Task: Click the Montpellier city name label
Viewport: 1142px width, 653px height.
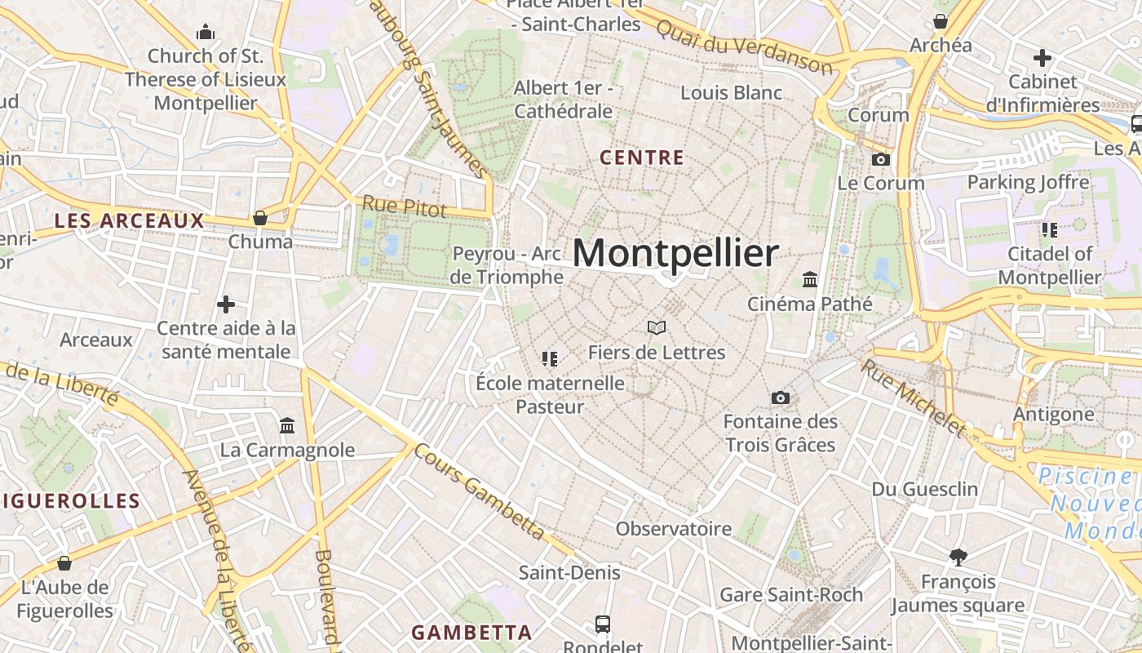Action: coord(675,253)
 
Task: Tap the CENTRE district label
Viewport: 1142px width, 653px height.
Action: coord(641,158)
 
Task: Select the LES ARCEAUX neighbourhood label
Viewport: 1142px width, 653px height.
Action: coord(129,220)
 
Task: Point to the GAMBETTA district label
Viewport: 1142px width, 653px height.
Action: coord(471,633)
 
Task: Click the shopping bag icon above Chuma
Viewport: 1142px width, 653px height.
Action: coord(260,218)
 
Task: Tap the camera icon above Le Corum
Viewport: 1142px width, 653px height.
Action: coord(881,159)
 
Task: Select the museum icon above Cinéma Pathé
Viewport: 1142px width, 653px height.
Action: coord(810,280)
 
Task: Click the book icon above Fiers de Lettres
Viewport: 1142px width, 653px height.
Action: coord(657,328)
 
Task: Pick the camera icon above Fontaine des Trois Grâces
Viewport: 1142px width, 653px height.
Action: coord(781,398)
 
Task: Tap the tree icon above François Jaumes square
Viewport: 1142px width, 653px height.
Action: coord(958,557)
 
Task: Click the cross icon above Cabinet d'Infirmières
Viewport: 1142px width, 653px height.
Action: coord(1042,58)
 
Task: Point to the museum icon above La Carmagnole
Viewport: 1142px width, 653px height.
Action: coord(287,426)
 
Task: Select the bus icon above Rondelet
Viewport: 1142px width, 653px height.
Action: coord(603,624)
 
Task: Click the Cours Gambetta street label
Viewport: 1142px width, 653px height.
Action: coord(479,491)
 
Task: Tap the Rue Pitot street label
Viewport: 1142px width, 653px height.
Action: coord(405,207)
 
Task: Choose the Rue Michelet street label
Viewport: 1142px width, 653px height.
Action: coord(913,397)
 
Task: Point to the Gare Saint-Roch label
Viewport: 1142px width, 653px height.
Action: coord(790,594)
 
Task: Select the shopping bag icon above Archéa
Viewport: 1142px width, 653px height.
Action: coord(941,21)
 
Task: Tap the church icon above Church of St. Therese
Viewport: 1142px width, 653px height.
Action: coord(206,33)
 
